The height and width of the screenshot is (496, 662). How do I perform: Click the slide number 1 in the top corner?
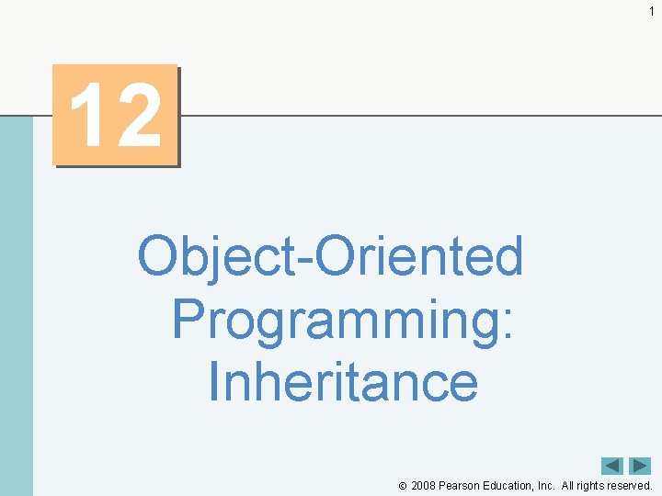pos(651,11)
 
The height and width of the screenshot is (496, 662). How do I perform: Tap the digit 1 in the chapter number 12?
pos(89,117)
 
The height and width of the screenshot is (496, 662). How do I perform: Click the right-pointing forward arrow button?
pos(640,466)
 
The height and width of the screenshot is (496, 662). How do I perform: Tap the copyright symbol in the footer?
pos(403,486)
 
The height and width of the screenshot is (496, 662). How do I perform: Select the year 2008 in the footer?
pos(423,485)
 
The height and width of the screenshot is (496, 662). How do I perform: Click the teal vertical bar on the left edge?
pos(16,303)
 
